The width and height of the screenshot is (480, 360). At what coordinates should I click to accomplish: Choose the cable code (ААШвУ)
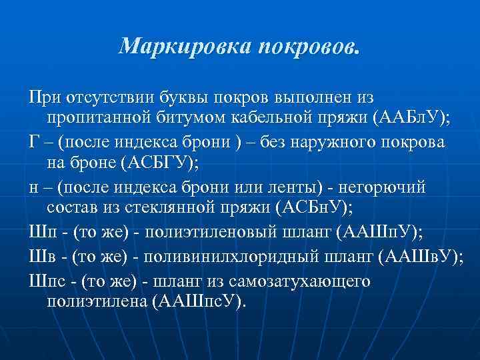[421, 257]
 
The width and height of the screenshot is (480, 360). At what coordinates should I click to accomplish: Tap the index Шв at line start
[41, 257]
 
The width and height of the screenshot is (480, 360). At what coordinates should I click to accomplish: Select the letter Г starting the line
[34, 143]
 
